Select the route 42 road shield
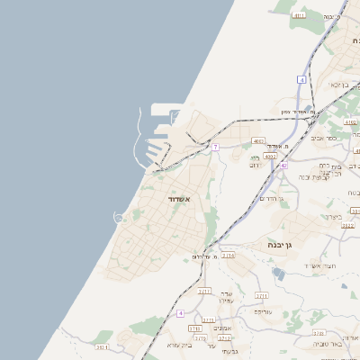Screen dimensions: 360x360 pyautogui.click(x=283, y=166)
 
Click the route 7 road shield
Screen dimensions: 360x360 pyautogui.click(x=216, y=147)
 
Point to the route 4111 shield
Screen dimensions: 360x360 pyautogui.click(x=299, y=15)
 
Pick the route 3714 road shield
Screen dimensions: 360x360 pyautogui.click(x=228, y=256)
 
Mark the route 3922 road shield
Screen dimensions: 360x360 pyautogui.click(x=347, y=226)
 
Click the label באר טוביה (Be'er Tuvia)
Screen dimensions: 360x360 pyautogui.click(x=327, y=344)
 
